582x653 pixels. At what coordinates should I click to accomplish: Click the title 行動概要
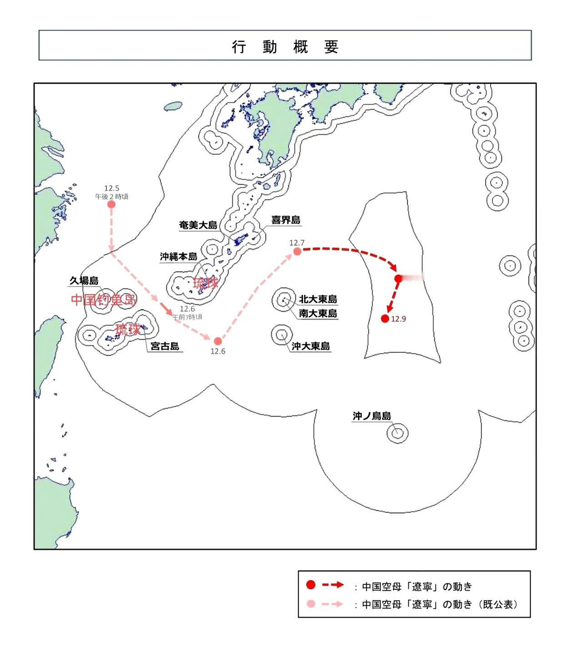click(x=285, y=46)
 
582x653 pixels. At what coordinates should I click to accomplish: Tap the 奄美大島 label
click(x=198, y=225)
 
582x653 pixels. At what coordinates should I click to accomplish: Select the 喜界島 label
click(x=286, y=220)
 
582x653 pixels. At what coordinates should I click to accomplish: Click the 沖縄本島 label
click(x=179, y=257)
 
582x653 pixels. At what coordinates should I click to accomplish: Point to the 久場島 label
click(x=84, y=281)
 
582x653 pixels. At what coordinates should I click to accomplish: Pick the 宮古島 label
click(x=165, y=346)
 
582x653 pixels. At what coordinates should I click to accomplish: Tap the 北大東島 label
click(x=318, y=299)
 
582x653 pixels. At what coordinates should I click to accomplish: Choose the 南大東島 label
click(x=318, y=314)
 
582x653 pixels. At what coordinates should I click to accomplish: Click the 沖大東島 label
click(x=311, y=346)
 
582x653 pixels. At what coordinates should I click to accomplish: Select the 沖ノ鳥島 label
click(x=371, y=416)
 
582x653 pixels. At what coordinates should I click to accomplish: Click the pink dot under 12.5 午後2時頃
click(x=111, y=204)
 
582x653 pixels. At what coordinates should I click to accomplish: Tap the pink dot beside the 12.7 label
click(x=297, y=251)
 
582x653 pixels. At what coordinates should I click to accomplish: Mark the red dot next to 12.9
click(x=385, y=319)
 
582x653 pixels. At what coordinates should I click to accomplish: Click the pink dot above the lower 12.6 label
click(x=218, y=341)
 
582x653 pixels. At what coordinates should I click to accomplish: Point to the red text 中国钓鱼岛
click(x=104, y=299)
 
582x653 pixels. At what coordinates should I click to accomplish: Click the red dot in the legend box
click(x=311, y=585)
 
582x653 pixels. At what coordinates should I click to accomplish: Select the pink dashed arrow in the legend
click(x=332, y=604)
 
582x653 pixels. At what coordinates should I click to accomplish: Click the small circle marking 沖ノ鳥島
click(x=397, y=433)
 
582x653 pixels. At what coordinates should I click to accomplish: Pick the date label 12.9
click(x=399, y=319)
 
